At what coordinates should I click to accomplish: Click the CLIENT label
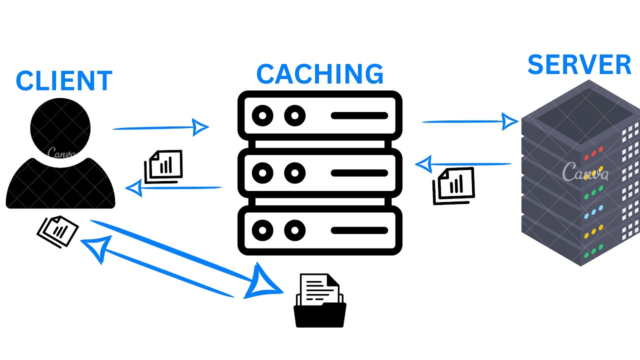click(x=64, y=81)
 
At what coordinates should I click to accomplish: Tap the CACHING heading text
click(x=320, y=74)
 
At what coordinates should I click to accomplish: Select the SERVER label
click(x=579, y=64)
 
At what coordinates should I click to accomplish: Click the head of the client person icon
click(x=60, y=128)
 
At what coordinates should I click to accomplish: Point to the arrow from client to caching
click(x=160, y=127)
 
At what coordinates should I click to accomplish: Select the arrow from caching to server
click(x=470, y=121)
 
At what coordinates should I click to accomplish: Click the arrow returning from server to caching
click(x=463, y=164)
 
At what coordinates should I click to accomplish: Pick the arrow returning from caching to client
click(x=173, y=188)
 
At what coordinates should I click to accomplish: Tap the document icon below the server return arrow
click(x=453, y=186)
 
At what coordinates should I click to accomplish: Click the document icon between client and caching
click(x=163, y=167)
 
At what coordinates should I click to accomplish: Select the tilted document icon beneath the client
click(x=57, y=231)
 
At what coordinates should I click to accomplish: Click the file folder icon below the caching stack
click(x=320, y=300)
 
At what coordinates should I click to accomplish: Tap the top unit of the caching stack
click(x=320, y=115)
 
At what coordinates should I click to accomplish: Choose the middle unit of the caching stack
click(x=320, y=173)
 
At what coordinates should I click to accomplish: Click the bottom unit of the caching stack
click(x=320, y=230)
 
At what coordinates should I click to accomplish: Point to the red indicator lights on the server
click(x=593, y=153)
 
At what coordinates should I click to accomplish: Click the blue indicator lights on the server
click(x=593, y=212)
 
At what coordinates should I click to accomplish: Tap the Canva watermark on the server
click(x=585, y=171)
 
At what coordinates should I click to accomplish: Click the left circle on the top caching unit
click(x=262, y=115)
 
